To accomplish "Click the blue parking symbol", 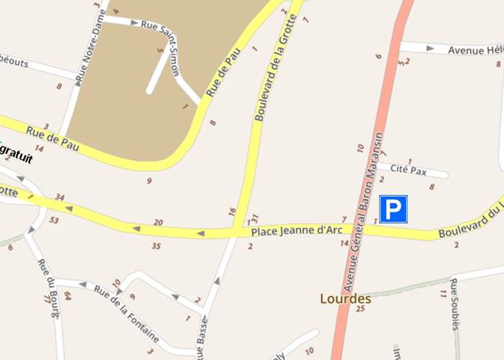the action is pos(393,209).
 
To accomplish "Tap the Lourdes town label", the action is pos(346,298).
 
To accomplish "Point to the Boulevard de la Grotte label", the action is pos(270,69).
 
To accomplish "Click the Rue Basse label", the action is pos(204,338).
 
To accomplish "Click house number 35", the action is pos(156,246).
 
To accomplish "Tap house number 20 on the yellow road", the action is pos(158,222).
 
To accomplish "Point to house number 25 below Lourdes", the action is pos(361,308).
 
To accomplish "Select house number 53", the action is pos(54,220).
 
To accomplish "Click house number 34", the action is pos(59,198).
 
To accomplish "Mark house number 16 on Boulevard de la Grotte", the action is pos(232,211).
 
